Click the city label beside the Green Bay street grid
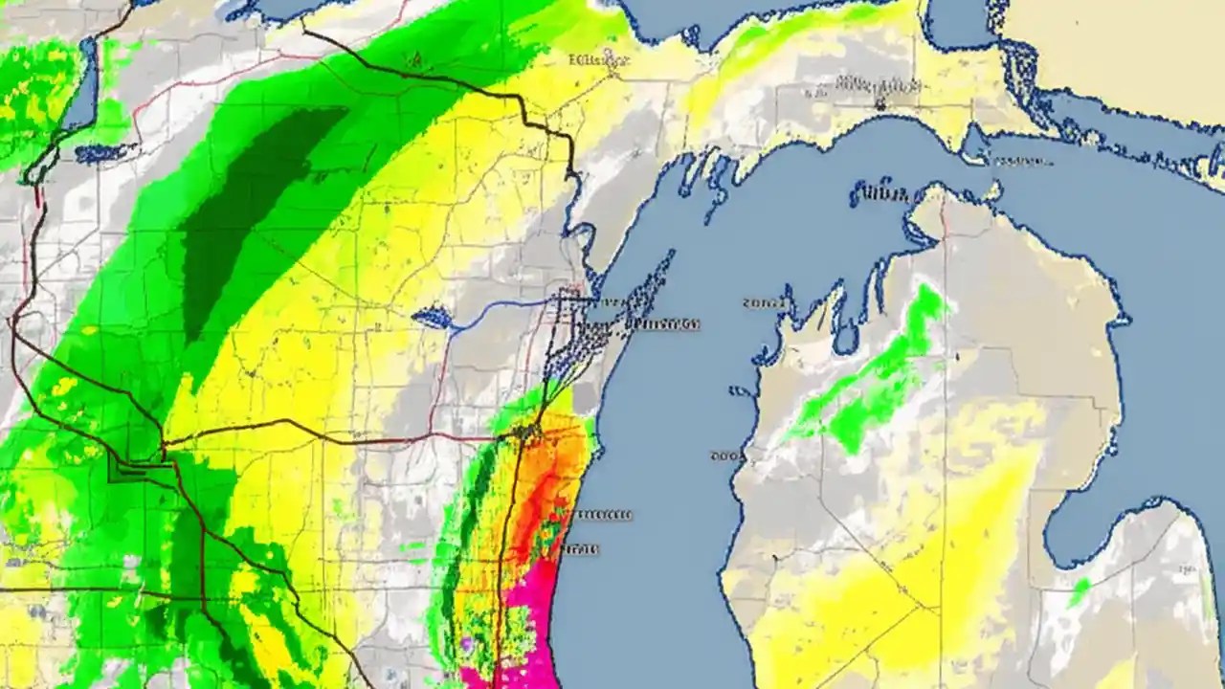click(663, 324)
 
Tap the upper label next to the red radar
click(604, 515)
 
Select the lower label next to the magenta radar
click(580, 549)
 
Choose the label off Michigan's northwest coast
click(764, 303)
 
